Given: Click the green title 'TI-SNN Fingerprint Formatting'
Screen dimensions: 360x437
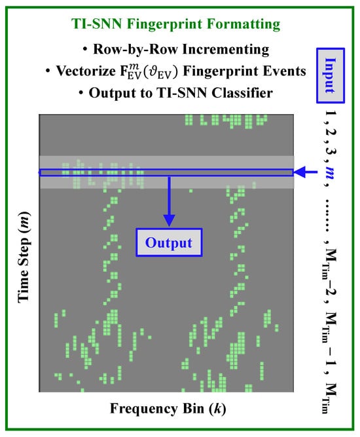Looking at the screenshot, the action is (x=175, y=24).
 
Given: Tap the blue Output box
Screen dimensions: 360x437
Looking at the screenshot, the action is (x=169, y=242).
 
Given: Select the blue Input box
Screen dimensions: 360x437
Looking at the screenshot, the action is (x=331, y=75).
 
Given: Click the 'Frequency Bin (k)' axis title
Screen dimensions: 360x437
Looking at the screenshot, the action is (x=168, y=409).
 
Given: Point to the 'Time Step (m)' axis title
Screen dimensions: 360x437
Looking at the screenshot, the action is (x=24, y=257).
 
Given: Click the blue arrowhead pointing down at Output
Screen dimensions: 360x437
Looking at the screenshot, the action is (x=169, y=220).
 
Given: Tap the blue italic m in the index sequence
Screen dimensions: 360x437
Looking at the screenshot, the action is (x=331, y=172).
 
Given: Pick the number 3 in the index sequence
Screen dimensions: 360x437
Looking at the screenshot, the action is (x=331, y=151).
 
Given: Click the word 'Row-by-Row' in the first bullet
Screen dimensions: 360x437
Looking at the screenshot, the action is (x=135, y=49).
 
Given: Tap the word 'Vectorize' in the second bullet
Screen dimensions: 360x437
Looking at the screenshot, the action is (x=86, y=71).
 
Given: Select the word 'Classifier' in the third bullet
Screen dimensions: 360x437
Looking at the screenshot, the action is (x=242, y=93).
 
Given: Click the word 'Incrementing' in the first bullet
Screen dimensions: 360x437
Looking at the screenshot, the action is (x=226, y=50).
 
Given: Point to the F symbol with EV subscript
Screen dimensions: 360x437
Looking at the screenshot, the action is (x=130, y=71).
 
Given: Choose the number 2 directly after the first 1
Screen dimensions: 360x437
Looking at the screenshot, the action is (x=331, y=132).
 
